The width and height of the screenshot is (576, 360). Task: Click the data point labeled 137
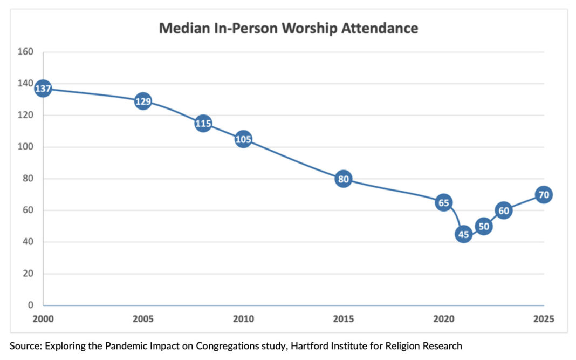click(x=43, y=89)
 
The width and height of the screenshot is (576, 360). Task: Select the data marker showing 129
click(x=143, y=101)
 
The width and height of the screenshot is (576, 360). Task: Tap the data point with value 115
click(x=203, y=124)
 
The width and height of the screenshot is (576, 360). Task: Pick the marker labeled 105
click(x=243, y=139)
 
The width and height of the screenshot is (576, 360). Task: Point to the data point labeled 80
click(x=343, y=179)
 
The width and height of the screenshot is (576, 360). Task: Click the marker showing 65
click(x=443, y=203)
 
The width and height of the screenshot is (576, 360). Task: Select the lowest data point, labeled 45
click(x=463, y=234)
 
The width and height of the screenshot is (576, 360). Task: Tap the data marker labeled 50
click(x=483, y=226)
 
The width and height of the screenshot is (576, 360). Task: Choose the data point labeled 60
click(x=504, y=210)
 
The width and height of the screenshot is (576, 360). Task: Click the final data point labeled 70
click(x=544, y=195)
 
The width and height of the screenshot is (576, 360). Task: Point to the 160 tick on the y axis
click(x=26, y=52)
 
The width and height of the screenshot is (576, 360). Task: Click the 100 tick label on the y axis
click(x=26, y=147)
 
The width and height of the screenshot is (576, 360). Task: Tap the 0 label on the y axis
click(x=31, y=305)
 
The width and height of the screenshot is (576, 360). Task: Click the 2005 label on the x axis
click(x=143, y=319)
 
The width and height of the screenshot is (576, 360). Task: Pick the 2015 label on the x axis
click(x=343, y=319)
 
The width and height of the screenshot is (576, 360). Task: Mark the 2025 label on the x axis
click(x=543, y=319)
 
